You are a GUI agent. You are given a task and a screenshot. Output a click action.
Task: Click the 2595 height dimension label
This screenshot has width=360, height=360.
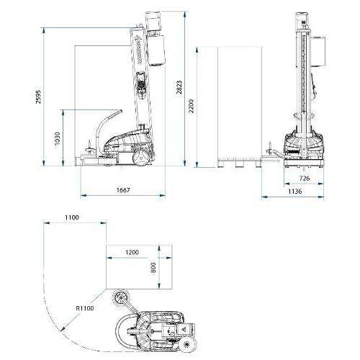[x=38, y=96]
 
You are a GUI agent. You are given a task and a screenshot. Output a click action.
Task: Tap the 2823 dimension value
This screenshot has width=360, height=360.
[x=179, y=87]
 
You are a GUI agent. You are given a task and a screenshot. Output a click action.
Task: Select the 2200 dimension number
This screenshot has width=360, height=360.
[x=191, y=106]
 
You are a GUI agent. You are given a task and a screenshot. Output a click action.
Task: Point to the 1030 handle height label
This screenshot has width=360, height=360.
[x=58, y=139]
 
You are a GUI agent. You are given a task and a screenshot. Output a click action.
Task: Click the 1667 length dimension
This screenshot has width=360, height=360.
[x=123, y=190]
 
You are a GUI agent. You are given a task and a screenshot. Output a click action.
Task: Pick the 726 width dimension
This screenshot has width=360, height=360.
[x=305, y=178]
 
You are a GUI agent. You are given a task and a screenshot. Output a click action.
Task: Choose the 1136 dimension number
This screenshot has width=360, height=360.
[x=295, y=192]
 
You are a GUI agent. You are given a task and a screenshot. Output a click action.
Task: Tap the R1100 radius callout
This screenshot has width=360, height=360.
[x=85, y=308]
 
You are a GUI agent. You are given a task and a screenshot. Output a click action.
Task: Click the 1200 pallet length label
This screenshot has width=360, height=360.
[x=132, y=252]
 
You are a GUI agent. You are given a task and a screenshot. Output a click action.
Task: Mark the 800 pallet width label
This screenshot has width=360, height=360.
[x=153, y=267]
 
